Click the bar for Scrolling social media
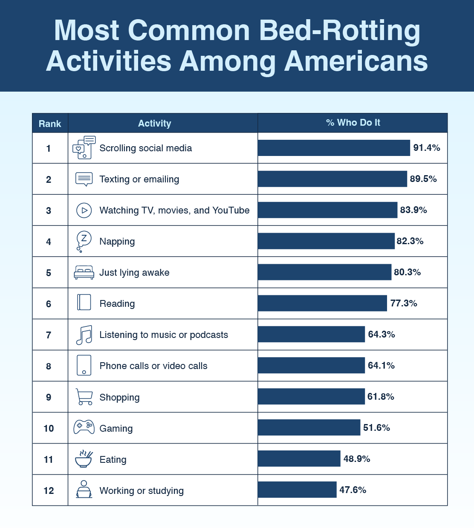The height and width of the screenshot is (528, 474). [x=334, y=148]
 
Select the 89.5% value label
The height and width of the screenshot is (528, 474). [x=423, y=179]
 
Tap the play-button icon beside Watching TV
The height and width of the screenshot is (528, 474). [x=84, y=210]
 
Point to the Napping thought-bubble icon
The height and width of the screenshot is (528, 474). [x=84, y=241]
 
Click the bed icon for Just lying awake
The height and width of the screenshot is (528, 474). [x=84, y=272]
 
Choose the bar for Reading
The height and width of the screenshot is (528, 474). [x=322, y=303]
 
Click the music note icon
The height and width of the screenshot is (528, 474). [x=84, y=335]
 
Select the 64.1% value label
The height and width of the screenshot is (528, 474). [x=381, y=366]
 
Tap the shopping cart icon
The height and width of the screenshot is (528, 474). [x=84, y=397]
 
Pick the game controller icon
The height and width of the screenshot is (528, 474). [x=84, y=427]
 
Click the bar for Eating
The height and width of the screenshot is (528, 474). [x=299, y=459]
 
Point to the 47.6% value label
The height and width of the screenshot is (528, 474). [x=353, y=490]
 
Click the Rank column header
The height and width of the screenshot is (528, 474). [x=50, y=124]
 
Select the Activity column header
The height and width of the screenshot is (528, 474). [x=154, y=124]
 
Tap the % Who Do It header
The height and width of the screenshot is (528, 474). [x=353, y=123]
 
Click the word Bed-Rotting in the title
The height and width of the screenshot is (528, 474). [x=339, y=31]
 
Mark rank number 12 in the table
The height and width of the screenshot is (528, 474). [x=49, y=490]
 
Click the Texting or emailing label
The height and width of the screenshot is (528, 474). [x=139, y=179]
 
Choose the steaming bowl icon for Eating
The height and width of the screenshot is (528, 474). [x=84, y=459]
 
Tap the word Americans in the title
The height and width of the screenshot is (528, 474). [x=356, y=61]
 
